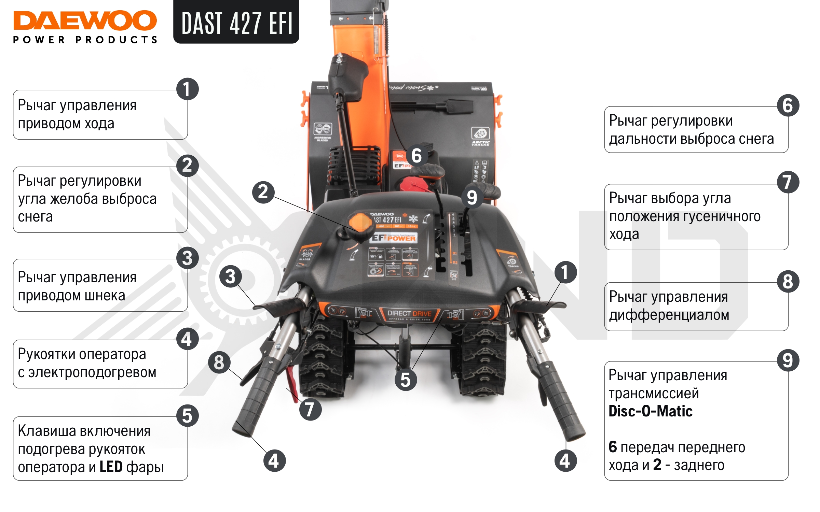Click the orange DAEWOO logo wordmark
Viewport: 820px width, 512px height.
[85, 20]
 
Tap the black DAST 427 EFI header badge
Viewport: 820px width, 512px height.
[236, 23]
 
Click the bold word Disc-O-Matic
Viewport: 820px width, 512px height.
[651, 411]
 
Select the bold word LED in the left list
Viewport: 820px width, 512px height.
[111, 467]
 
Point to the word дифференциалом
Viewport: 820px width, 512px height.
[669, 315]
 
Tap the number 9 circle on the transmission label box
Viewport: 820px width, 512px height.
[788, 360]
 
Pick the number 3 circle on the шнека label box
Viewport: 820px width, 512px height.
[187, 258]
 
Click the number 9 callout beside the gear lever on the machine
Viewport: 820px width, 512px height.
[472, 197]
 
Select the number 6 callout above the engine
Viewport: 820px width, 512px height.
[416, 156]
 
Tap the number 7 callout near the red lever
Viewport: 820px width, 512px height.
[310, 409]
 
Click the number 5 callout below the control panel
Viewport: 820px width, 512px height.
[406, 380]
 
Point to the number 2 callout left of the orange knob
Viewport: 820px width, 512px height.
[263, 192]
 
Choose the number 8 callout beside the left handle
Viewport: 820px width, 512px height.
[219, 362]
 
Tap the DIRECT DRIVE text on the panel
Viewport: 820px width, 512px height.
[409, 313]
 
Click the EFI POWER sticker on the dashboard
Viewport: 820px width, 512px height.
[394, 238]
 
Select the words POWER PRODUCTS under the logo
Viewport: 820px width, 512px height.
[85, 40]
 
